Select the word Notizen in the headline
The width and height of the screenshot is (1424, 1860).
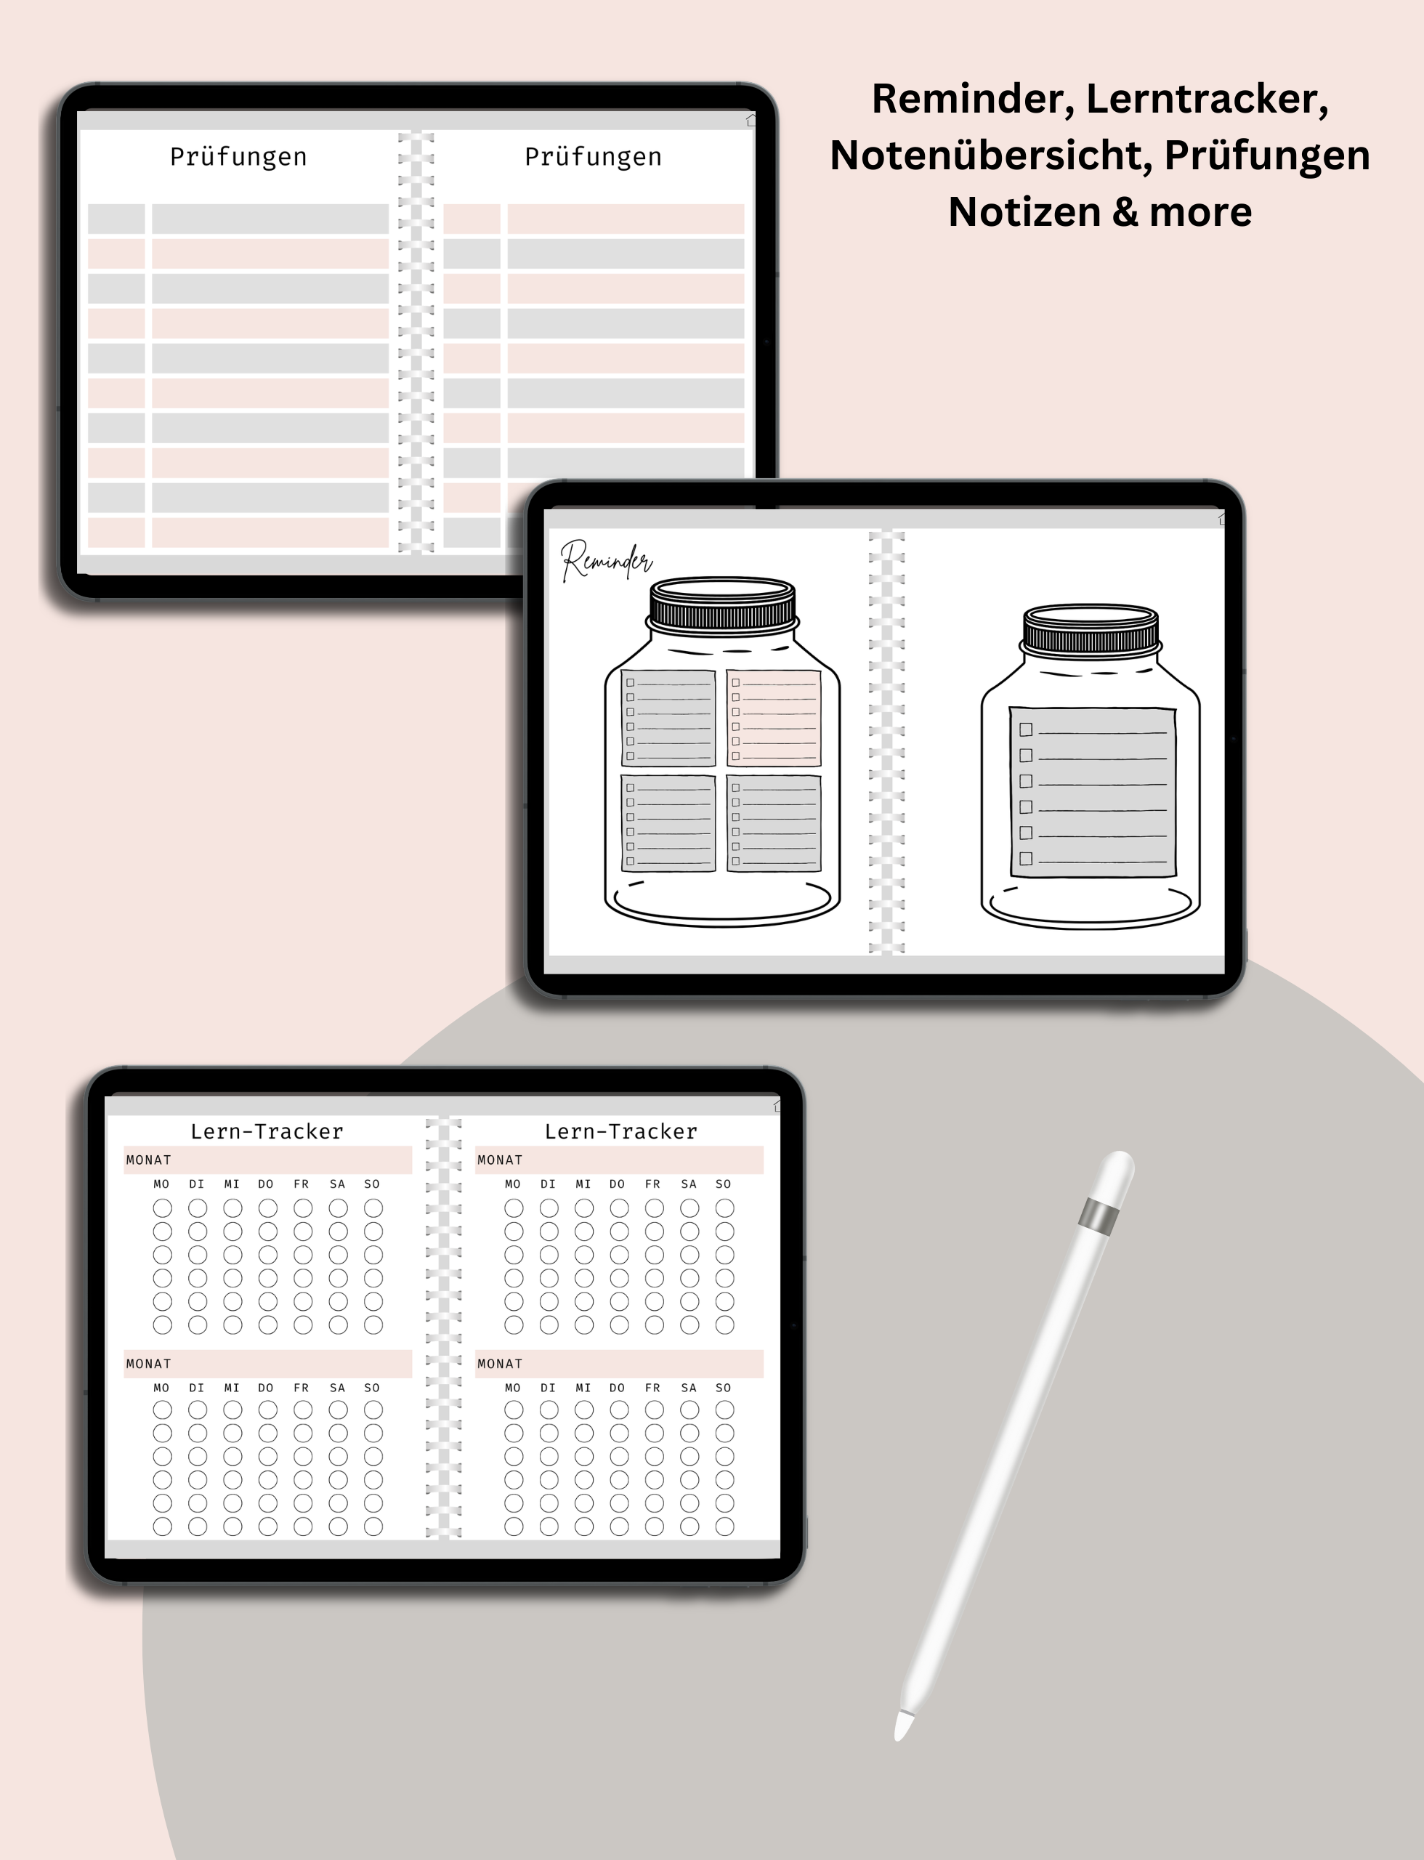(1023, 212)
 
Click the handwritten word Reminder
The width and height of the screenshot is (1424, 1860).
(606, 560)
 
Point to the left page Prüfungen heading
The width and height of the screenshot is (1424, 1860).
(238, 158)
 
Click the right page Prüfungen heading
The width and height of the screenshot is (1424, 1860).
(593, 158)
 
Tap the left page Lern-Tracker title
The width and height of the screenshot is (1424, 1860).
(267, 1131)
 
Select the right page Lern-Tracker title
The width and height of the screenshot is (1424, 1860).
(621, 1131)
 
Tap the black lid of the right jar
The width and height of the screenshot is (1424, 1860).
(1091, 629)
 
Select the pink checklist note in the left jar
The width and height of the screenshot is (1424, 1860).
(774, 718)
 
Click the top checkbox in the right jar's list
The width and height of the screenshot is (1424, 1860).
(1026, 729)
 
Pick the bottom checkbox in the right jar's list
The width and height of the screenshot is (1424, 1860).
(1026, 859)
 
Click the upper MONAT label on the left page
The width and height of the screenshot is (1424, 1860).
(148, 1160)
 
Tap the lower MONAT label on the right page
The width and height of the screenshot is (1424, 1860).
(499, 1364)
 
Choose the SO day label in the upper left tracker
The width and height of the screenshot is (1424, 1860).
(372, 1184)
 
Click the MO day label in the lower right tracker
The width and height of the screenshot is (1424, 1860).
(513, 1388)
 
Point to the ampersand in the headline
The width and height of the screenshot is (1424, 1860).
(1125, 212)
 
